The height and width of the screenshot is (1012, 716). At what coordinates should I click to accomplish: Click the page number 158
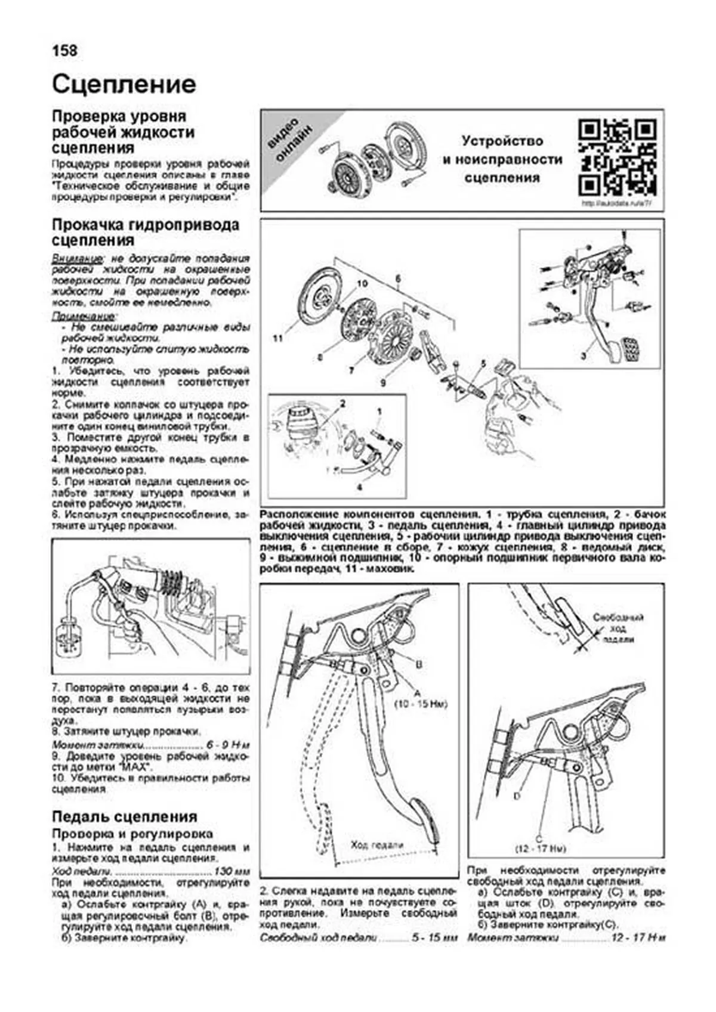(x=64, y=51)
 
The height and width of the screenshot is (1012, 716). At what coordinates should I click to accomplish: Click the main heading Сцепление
(x=124, y=85)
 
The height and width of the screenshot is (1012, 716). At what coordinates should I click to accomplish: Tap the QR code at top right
(x=618, y=157)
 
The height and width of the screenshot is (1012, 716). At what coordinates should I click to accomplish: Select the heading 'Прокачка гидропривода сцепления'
(x=145, y=233)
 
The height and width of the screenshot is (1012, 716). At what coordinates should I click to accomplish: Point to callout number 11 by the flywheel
(x=277, y=339)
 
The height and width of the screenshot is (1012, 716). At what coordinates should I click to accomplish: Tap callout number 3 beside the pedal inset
(x=584, y=356)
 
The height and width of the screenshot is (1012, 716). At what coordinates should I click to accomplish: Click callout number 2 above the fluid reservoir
(x=342, y=404)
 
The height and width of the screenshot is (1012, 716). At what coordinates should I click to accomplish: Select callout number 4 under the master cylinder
(x=359, y=487)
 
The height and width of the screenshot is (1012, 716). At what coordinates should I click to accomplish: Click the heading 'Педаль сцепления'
(x=124, y=816)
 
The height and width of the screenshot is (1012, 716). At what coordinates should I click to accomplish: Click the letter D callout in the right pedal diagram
(x=517, y=796)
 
